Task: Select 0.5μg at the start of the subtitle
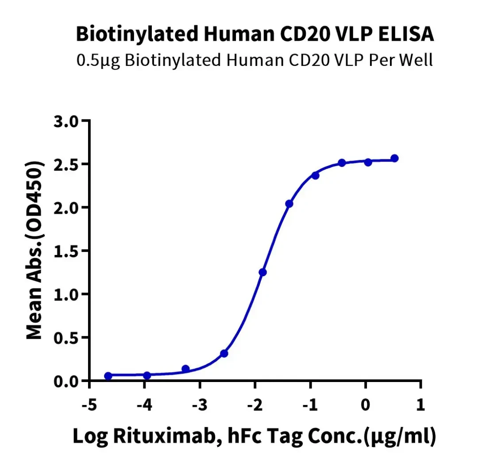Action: (98, 60)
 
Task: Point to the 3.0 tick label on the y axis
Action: (66, 121)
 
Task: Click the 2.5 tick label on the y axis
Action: (66, 165)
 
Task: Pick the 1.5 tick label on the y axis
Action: (66, 251)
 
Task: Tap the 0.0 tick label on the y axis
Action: (66, 381)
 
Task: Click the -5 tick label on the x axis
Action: (89, 405)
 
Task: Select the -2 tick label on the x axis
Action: (255, 405)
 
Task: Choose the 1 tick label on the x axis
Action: (421, 405)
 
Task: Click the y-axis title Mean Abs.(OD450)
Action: (34, 250)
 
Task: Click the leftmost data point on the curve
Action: (108, 376)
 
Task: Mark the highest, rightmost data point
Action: (394, 158)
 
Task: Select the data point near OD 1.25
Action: (262, 272)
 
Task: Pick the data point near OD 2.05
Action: (289, 204)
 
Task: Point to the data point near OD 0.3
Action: (224, 354)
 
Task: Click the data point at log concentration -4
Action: (147, 375)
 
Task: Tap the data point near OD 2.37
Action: (315, 176)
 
